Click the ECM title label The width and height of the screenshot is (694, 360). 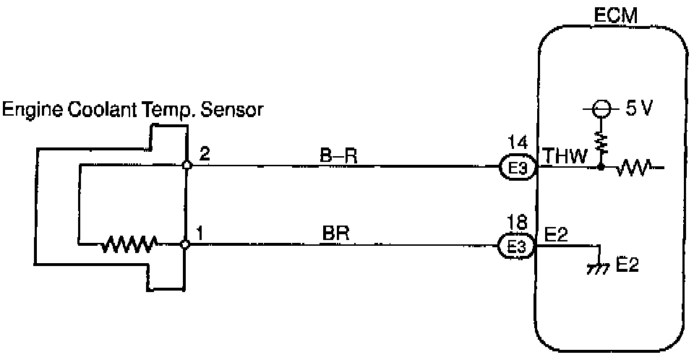pos(614,14)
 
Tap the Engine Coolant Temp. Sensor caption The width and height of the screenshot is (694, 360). pos(134,110)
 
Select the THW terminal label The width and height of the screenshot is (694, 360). pos(561,155)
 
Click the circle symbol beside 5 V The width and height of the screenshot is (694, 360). pos(600,111)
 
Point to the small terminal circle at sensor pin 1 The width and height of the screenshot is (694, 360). pos(186,245)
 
